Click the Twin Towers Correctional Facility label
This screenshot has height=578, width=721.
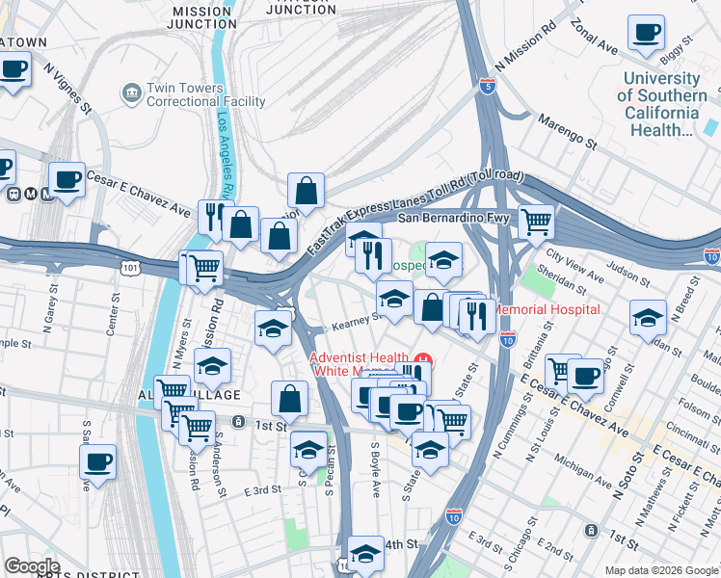(x=205, y=94)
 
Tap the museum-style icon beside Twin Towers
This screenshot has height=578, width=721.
(x=130, y=92)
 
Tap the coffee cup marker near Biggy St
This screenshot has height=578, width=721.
(x=646, y=32)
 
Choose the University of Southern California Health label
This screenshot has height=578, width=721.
(x=661, y=104)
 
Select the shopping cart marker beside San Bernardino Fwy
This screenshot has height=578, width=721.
(x=536, y=222)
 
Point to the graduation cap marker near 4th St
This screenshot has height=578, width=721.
(x=365, y=552)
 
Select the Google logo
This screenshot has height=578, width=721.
(x=31, y=565)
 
